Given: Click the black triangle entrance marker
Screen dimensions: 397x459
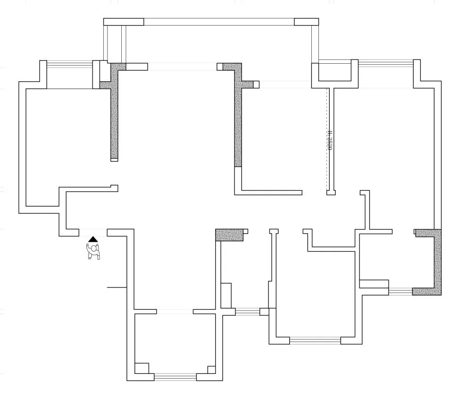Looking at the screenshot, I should (93, 239).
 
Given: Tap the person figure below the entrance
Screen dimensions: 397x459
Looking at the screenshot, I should (94, 251).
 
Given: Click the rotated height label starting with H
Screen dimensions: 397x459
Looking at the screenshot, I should (330, 140).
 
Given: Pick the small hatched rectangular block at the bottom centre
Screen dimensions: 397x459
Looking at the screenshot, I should (229, 235).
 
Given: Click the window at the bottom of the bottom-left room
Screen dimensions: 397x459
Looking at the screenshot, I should (175, 377).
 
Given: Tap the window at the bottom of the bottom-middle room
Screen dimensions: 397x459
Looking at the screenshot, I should (315, 340).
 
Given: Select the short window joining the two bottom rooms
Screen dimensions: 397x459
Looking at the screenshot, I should (247, 312).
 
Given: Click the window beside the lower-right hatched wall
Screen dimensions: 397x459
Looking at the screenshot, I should (400, 291).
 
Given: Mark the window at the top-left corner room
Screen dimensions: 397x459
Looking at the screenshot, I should (69, 64).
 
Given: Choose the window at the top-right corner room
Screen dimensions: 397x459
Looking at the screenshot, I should (385, 63).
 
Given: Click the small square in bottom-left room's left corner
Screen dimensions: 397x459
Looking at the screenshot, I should (142, 368).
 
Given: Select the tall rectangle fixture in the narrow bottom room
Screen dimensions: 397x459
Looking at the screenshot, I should (226, 296).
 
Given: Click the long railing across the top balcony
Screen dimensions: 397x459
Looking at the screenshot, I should (219, 22).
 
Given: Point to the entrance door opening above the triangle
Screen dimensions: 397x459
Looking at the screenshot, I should (93, 232).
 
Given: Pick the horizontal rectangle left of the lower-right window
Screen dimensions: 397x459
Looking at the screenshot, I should (374, 284).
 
